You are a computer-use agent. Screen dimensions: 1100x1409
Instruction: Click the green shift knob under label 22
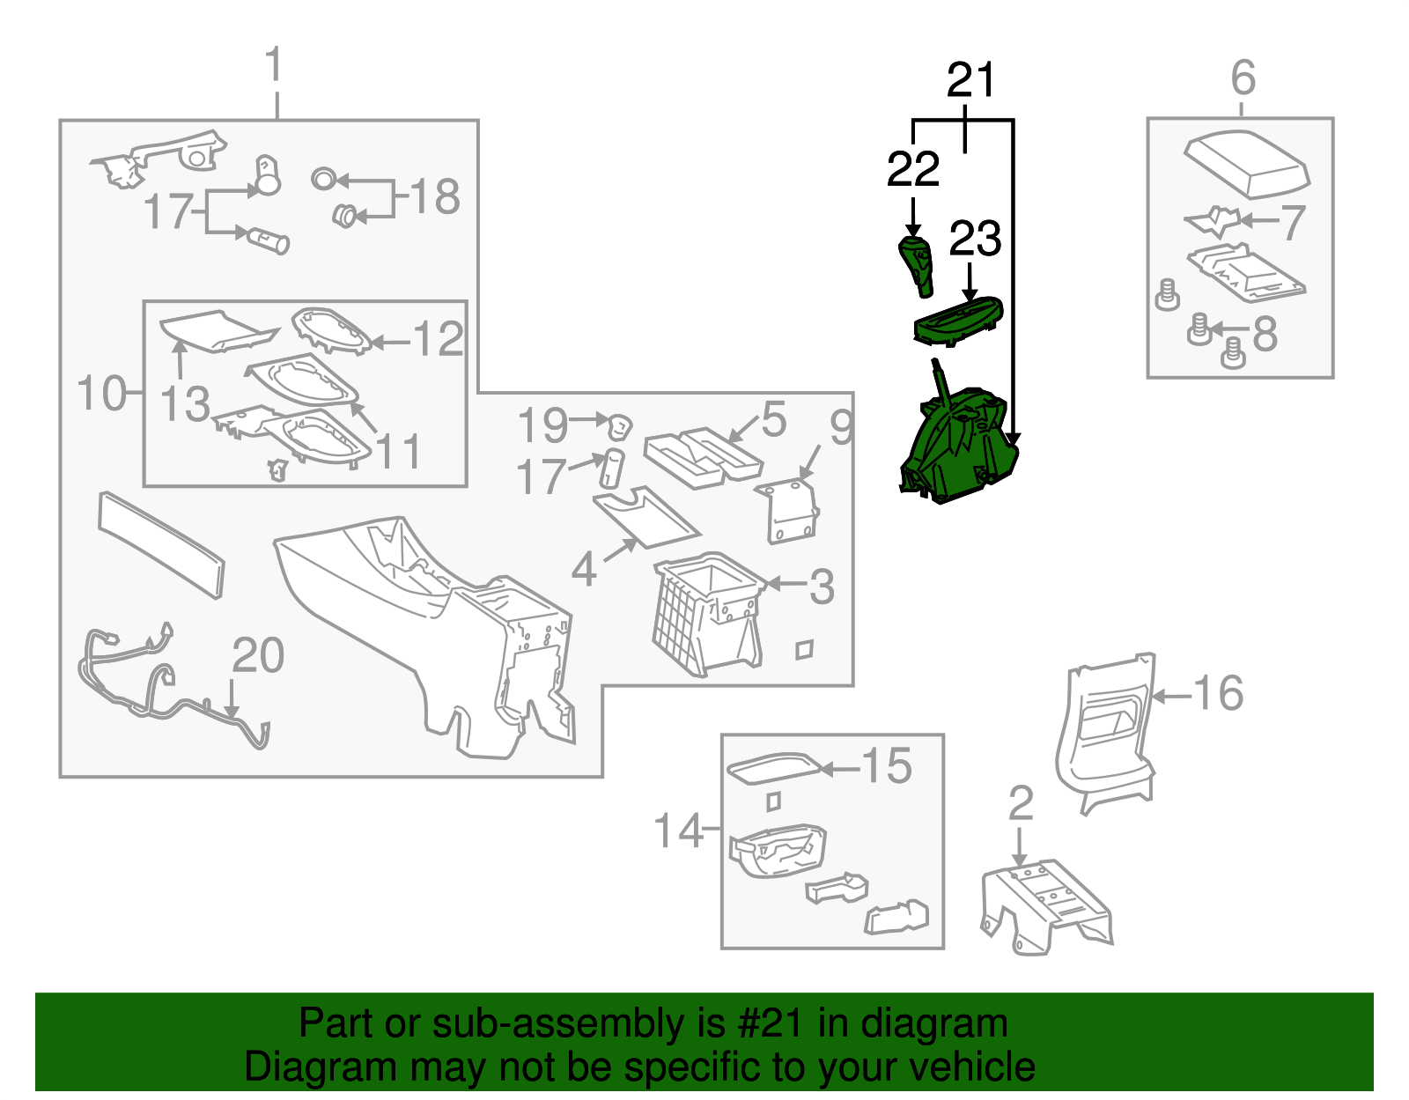(x=916, y=265)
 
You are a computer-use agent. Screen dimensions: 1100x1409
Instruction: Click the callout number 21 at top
(x=970, y=81)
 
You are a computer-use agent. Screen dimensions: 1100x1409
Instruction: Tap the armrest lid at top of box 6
(x=1245, y=162)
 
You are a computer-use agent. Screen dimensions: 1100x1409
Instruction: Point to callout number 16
(x=1218, y=693)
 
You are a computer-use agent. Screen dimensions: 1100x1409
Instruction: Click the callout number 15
(x=886, y=766)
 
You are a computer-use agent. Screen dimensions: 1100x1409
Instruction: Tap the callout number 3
(x=821, y=587)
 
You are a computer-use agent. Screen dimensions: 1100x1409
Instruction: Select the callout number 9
(x=841, y=428)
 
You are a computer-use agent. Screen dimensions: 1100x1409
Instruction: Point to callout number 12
(x=438, y=340)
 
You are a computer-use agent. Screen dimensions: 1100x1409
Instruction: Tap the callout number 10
(x=101, y=393)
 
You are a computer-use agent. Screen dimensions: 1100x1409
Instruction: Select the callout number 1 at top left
(x=275, y=66)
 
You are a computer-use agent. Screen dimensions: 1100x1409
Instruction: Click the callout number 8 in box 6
(x=1265, y=334)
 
